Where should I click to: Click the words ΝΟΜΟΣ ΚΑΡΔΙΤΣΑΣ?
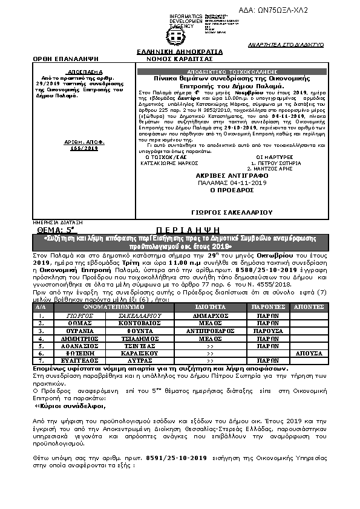pyautogui.click(x=180, y=59)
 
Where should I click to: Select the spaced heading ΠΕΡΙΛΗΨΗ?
pyautogui.click(x=172, y=230)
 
